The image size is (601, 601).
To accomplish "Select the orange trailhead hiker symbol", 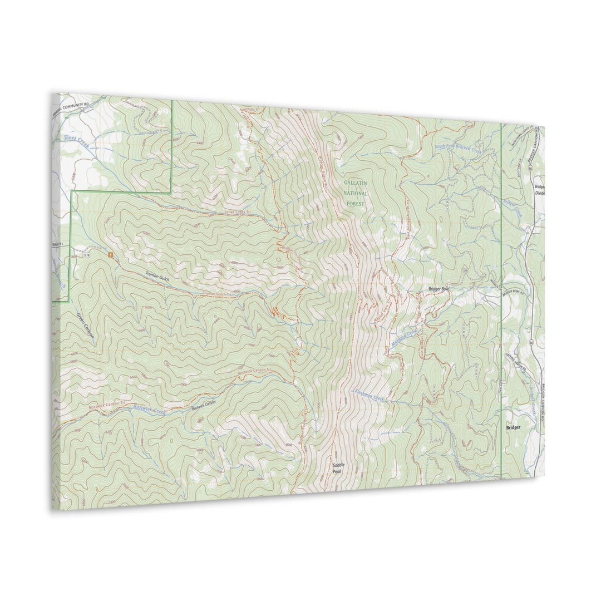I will pos(110,255).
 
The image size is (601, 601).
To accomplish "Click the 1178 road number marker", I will pos(86,255).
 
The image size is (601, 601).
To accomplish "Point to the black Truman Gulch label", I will pos(156,275).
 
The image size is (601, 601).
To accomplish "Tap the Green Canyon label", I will pos(85,326).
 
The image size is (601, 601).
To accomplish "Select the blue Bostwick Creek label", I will pos(149,410).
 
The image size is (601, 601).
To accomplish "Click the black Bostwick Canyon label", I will pos(204,405).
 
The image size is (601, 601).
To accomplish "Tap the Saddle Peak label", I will pos(338,468).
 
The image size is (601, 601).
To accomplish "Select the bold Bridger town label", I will pos(513,427).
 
